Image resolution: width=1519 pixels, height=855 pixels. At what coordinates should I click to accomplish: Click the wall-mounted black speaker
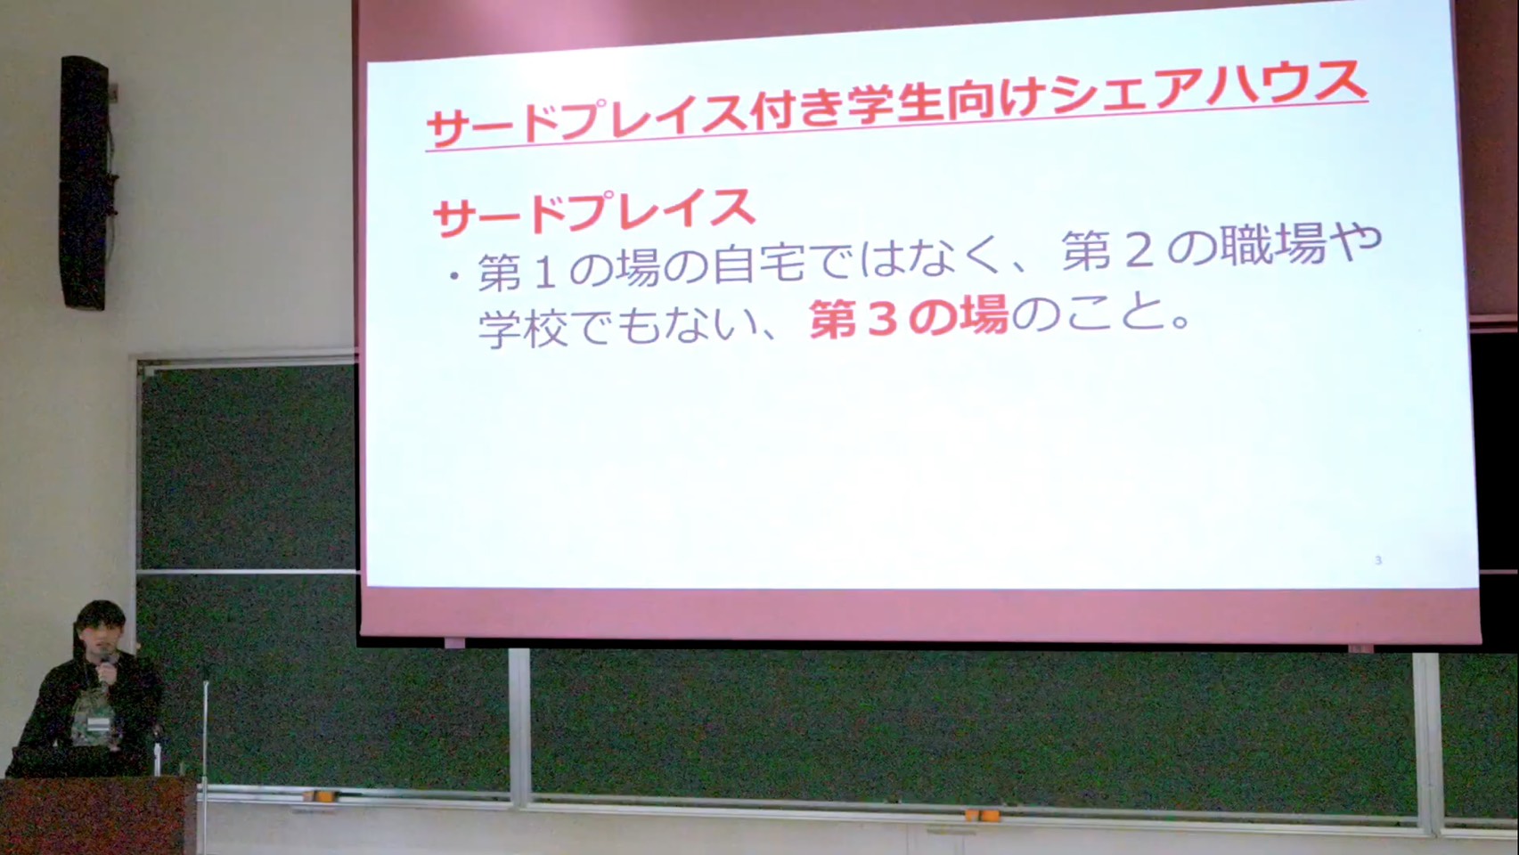coord(86,183)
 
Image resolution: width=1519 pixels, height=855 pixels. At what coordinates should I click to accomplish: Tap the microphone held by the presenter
coord(106,668)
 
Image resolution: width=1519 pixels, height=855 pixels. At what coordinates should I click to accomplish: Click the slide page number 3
coord(1378,560)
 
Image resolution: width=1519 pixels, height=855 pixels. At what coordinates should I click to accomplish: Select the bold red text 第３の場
coord(909,317)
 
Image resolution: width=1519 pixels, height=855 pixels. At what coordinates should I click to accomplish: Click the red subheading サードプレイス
coord(595,212)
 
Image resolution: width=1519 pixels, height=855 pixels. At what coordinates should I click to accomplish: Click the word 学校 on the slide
coord(524,329)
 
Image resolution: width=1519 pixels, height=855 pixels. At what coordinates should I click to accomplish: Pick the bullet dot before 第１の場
coord(453,276)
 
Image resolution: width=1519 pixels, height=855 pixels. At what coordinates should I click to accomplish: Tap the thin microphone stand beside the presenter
coord(205,759)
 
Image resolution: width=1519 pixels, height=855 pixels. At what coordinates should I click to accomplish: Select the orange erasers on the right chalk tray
coord(982,815)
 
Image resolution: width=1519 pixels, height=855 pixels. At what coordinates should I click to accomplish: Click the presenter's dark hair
coord(101,617)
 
